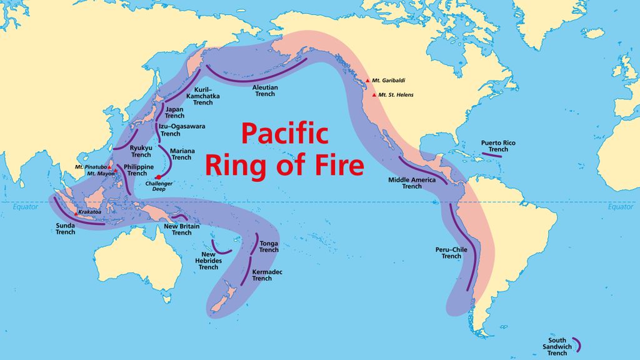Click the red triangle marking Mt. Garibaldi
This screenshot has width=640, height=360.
[x=367, y=81]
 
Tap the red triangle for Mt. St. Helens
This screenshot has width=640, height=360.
[x=374, y=95]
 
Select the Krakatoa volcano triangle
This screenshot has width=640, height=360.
[x=76, y=213]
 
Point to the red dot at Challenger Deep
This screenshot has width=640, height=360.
[x=159, y=177]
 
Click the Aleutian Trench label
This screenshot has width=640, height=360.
[x=265, y=91]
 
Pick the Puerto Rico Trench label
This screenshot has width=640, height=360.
[x=498, y=146]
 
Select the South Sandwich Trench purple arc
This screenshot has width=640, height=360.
[x=576, y=343]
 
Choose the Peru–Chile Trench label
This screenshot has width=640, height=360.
[x=451, y=252]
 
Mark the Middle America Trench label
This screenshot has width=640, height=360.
[x=412, y=182]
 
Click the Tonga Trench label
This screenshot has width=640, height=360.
[x=269, y=246]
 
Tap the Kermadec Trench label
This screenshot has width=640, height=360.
[x=262, y=275]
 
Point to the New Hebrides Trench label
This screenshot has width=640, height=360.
[x=209, y=261]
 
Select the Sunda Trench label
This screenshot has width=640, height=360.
[x=65, y=228]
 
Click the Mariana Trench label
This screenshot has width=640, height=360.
[x=181, y=154]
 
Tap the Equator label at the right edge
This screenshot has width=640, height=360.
[x=621, y=207]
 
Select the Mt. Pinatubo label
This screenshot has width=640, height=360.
[x=89, y=167]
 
